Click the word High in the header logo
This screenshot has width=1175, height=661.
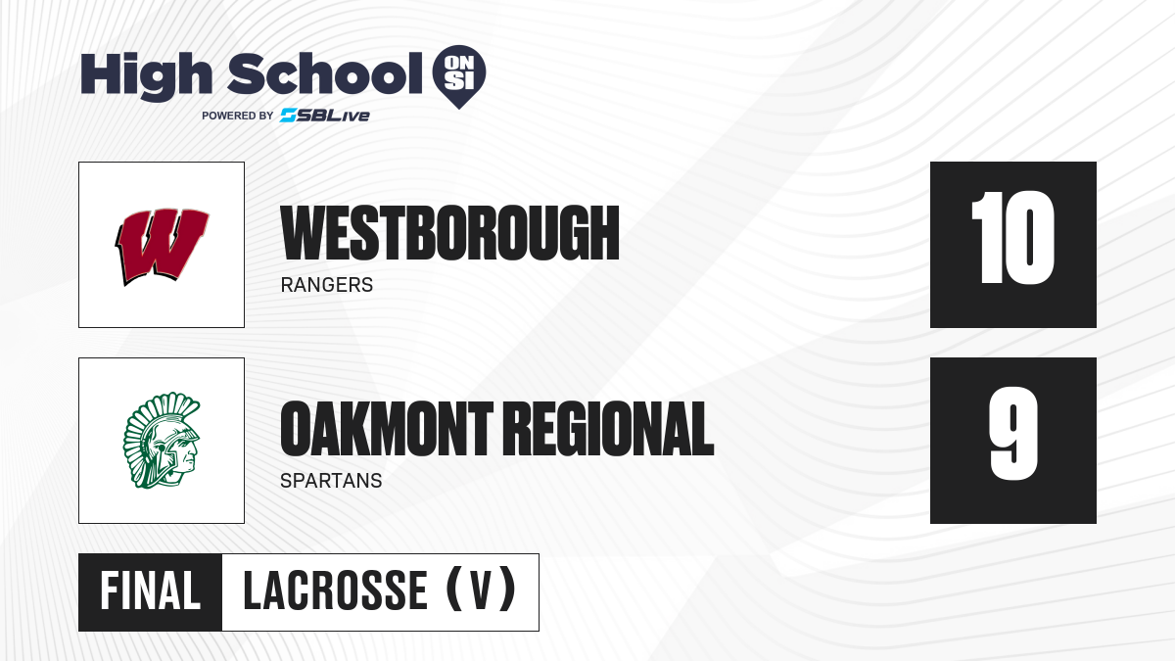tap(146, 75)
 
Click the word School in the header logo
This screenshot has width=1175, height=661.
tap(325, 73)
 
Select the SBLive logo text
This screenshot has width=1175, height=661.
tap(325, 116)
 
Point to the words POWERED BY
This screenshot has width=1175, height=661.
tap(238, 116)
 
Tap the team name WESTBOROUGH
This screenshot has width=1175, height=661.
tap(450, 233)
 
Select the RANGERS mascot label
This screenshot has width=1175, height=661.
tap(327, 285)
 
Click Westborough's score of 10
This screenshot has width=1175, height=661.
tap(1012, 238)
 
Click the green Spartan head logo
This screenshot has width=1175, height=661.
tap(163, 441)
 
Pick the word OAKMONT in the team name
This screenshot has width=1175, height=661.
tap(387, 429)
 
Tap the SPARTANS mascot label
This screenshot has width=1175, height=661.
tap(331, 481)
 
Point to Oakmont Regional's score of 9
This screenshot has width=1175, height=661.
tap(1013, 433)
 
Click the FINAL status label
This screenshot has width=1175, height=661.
tap(151, 591)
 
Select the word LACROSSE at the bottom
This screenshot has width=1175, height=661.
tap(336, 591)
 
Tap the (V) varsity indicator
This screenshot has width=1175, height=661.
tap(481, 590)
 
